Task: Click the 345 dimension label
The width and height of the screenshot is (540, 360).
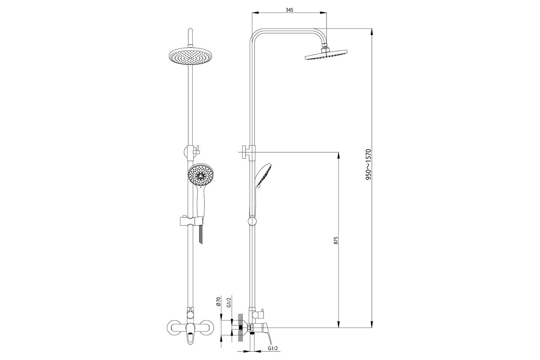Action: [289, 10]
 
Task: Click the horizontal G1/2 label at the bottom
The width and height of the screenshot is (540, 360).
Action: [273, 355]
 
